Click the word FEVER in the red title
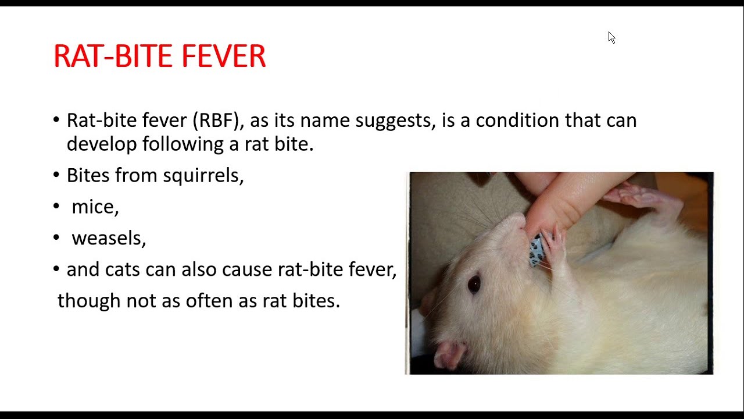click(x=223, y=56)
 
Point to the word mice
click(x=95, y=207)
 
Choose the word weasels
click(x=109, y=238)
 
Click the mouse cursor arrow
click(x=611, y=37)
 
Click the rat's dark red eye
click(x=474, y=283)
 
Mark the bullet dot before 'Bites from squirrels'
click(x=56, y=175)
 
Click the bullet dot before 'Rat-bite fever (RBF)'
click(x=56, y=120)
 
